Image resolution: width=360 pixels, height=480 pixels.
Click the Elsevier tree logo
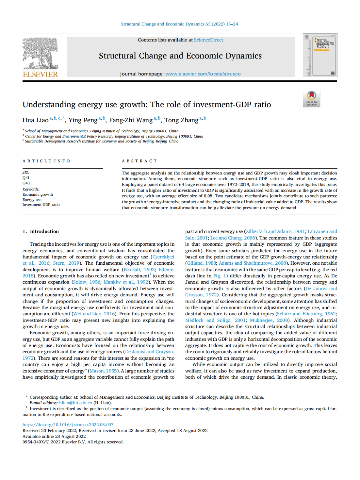tap(40, 53)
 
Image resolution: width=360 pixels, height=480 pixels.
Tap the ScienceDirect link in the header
tap(208, 40)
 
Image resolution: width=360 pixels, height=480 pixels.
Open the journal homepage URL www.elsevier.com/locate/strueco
tap(203, 74)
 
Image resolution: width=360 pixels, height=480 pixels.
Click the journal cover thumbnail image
tap(320, 55)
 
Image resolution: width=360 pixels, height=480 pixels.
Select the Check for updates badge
tap(311, 98)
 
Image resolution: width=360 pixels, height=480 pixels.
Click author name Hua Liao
tap(35, 120)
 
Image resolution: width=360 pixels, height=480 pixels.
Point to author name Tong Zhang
tap(181, 120)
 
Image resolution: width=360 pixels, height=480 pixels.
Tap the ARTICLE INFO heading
tap(46, 161)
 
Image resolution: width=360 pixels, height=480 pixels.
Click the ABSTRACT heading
tap(139, 161)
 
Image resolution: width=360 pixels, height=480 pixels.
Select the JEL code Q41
tap(26, 178)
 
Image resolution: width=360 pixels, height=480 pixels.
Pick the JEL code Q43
tap(26, 183)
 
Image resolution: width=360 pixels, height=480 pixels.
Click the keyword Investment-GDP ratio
tap(41, 205)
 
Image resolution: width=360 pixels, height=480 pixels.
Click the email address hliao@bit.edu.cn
tap(75, 403)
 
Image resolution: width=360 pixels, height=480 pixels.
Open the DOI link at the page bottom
tap(68, 424)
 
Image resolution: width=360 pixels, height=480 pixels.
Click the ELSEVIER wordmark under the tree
tap(41, 74)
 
